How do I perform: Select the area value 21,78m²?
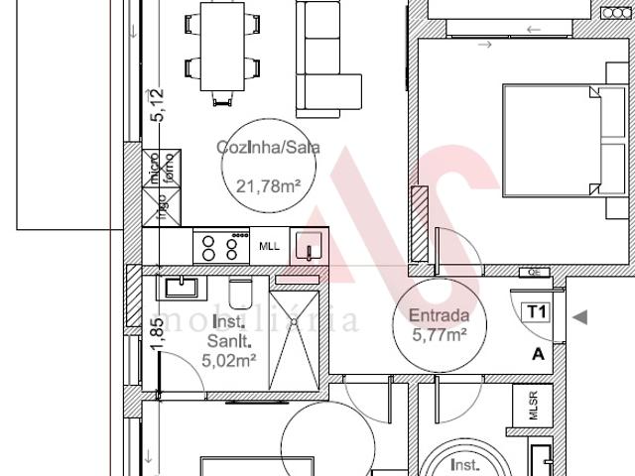coord(268,184)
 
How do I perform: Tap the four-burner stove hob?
coord(220,246)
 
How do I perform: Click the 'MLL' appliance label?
coord(270,246)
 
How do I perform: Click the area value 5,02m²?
coord(229,361)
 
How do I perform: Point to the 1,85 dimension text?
coord(155,334)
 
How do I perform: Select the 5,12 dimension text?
coord(155,104)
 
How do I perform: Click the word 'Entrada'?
coord(440,317)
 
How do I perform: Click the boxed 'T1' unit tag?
coord(537,312)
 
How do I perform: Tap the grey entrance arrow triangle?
coord(581,317)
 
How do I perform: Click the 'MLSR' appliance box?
coord(532,407)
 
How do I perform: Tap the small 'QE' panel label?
coord(534,272)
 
